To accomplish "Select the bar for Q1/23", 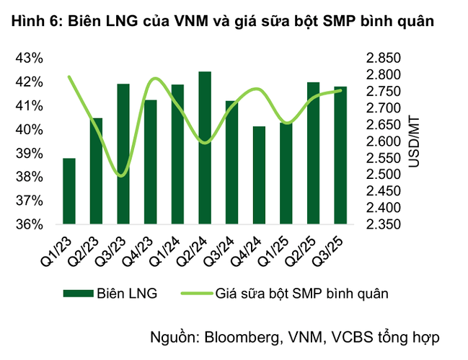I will tap(69, 191).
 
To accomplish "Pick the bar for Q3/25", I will tap(340, 155).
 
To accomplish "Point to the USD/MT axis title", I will tap(413, 141).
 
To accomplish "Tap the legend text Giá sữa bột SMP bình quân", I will tap(303, 293).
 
